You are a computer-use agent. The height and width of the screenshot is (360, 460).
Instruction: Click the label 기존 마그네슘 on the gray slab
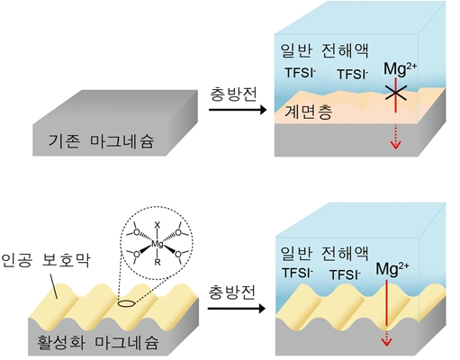click(x=101, y=141)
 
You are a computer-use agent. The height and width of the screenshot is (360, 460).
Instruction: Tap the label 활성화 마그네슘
click(x=97, y=342)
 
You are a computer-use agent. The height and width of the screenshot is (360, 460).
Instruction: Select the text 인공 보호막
click(x=45, y=260)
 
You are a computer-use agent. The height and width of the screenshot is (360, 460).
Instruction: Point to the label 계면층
click(x=308, y=112)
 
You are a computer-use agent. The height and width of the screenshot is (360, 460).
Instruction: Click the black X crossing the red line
click(x=396, y=93)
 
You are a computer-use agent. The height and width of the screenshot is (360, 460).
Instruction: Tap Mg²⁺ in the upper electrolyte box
click(x=400, y=69)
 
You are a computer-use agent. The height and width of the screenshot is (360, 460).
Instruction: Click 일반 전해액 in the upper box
click(x=324, y=50)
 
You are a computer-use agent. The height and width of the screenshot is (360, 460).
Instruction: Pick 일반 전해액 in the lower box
click(x=324, y=254)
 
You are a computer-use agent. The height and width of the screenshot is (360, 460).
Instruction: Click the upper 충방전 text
click(x=233, y=94)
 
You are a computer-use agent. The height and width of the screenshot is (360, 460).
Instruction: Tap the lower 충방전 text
click(x=232, y=292)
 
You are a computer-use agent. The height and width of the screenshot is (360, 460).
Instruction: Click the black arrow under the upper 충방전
click(x=238, y=110)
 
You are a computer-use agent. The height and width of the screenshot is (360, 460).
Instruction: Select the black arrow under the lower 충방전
click(x=237, y=309)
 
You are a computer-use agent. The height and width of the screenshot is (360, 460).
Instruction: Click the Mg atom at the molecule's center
click(x=158, y=244)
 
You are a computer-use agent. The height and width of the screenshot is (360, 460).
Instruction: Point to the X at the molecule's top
click(x=158, y=225)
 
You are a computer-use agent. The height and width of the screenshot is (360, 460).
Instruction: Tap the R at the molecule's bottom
click(x=158, y=263)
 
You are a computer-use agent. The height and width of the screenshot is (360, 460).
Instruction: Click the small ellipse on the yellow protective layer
click(x=126, y=304)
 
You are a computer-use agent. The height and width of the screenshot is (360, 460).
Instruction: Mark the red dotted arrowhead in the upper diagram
click(x=396, y=145)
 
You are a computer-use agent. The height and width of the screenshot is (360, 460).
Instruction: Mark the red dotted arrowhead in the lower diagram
click(x=386, y=342)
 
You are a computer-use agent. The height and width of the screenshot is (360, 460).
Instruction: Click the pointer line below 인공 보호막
click(x=53, y=286)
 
